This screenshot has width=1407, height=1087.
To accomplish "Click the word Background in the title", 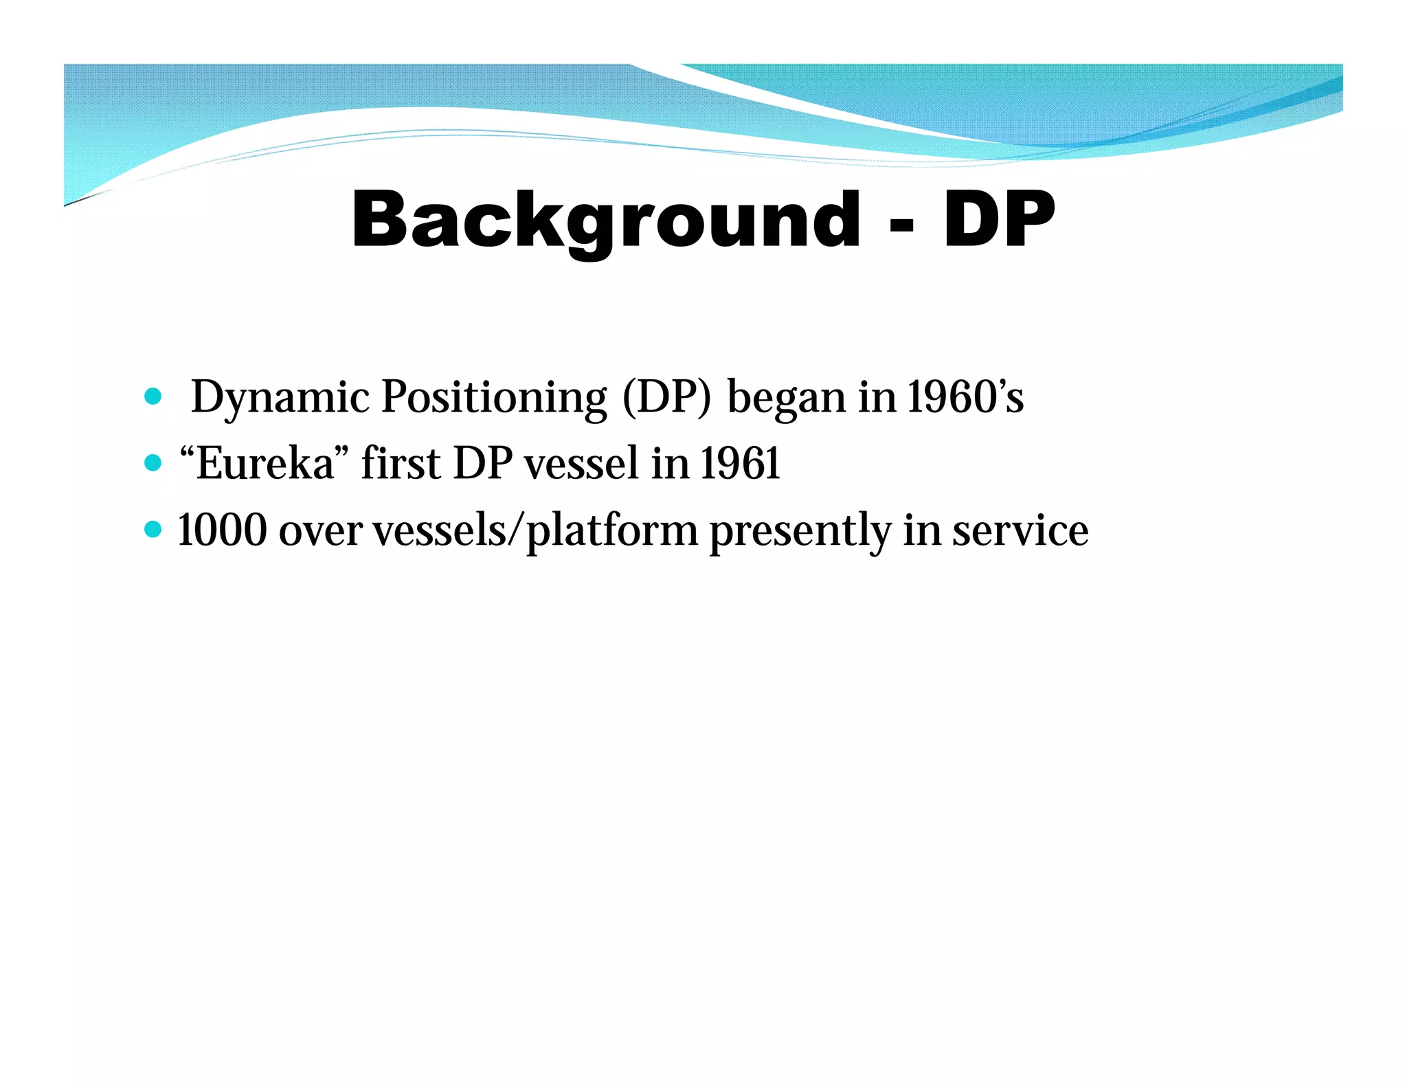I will pos(605,220).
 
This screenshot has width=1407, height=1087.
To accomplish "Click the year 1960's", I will pos(965,397).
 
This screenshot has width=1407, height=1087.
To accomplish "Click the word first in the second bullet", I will pos(401,463).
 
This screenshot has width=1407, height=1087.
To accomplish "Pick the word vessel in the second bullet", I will pos(582,464).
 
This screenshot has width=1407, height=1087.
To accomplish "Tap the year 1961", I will pos(740,464).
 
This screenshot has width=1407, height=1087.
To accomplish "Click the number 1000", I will pos(222,530).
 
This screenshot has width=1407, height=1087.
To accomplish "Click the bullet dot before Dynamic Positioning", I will pos(153,396).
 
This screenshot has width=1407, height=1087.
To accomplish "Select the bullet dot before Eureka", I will pos(153,463).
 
